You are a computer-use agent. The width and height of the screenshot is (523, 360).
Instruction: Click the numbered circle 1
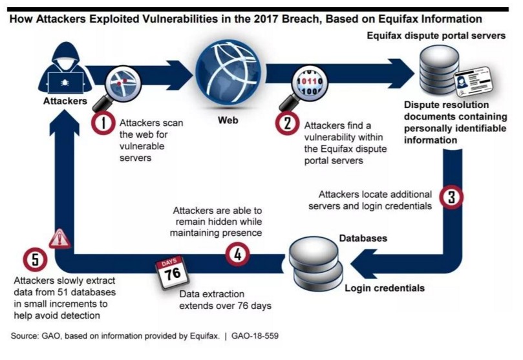tap(103, 123)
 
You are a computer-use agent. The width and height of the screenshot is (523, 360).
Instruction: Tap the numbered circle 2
tap(287, 123)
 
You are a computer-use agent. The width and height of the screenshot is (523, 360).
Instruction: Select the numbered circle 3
tap(451, 197)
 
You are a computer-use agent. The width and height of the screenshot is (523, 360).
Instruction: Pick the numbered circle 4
tap(237, 255)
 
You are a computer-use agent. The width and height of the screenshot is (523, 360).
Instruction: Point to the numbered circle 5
tap(35, 259)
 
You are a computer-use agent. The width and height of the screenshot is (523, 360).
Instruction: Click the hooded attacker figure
tap(65, 69)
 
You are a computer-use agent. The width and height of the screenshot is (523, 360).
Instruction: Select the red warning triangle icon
tap(59, 239)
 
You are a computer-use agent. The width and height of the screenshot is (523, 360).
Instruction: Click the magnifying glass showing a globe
tap(117, 89)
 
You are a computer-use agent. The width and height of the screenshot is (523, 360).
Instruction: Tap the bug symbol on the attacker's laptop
tap(65, 82)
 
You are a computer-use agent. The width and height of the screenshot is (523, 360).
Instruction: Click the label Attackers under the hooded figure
tap(65, 101)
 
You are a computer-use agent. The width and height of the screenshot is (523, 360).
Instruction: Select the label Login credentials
tap(385, 288)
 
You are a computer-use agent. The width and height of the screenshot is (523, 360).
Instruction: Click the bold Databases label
tap(363, 238)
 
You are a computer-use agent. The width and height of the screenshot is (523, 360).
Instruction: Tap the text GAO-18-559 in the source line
tap(255, 335)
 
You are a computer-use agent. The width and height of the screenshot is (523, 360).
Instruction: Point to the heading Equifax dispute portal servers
tap(436, 36)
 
